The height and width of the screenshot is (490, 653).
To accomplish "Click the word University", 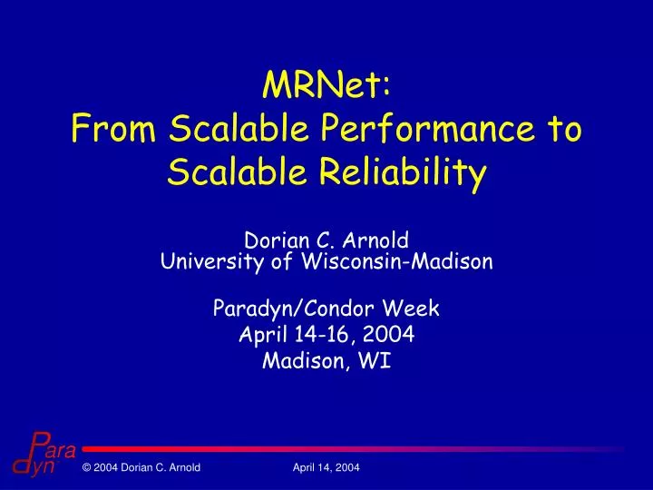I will pyautogui.click(x=204, y=262).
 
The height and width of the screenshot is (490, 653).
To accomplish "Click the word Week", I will pyautogui.click(x=410, y=309).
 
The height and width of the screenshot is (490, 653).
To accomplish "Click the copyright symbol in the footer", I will pyautogui.click(x=85, y=467).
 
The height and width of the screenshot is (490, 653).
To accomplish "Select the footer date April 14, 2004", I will pyautogui.click(x=326, y=467).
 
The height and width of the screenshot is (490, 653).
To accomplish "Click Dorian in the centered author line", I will pyautogui.click(x=273, y=241).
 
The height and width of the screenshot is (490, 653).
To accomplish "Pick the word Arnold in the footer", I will pyautogui.click(x=180, y=467).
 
